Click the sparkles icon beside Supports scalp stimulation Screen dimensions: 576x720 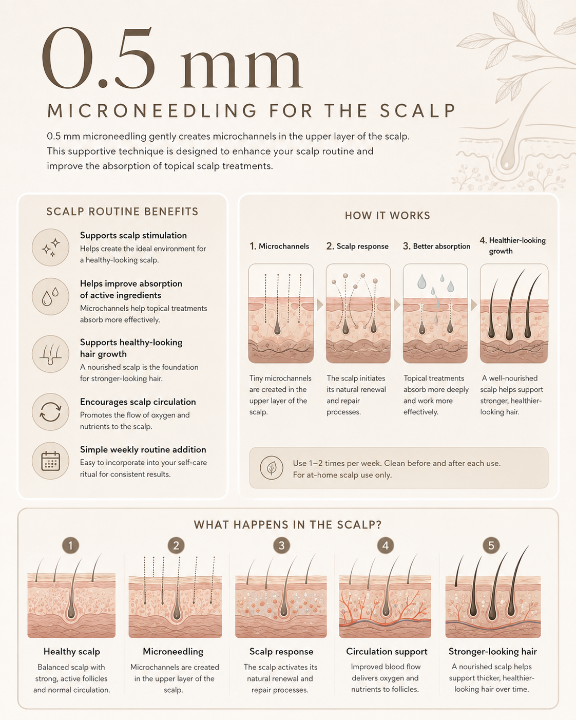[50, 248]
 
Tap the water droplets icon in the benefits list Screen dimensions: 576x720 [50, 296]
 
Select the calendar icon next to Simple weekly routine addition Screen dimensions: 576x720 [50, 461]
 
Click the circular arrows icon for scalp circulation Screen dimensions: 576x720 [50, 412]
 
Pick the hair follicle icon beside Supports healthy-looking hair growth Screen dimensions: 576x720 [50, 354]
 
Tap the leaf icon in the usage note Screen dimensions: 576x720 [272, 468]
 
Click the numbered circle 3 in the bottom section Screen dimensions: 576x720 [281, 546]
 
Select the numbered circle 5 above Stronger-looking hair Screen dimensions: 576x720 [491, 546]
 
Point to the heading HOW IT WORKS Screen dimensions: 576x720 [388, 216]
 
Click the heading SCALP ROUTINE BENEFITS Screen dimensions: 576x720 [122, 212]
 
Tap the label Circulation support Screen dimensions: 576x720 [387, 651]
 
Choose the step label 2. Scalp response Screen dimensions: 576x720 [357, 246]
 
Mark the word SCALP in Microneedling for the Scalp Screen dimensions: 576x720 [418, 111]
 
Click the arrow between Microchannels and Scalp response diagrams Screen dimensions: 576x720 [320, 305]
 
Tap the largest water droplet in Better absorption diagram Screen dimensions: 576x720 [422, 282]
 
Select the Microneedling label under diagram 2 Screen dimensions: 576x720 [173, 651]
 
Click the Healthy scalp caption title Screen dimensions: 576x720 [71, 651]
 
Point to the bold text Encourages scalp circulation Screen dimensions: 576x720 [138, 402]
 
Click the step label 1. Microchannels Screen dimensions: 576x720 [279, 246]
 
